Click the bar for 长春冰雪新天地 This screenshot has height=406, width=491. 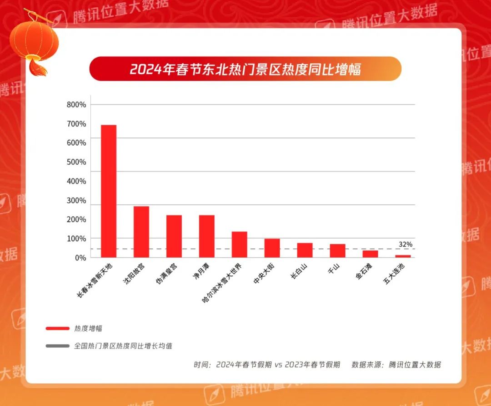click(x=109, y=191)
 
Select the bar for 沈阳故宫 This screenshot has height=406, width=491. click(x=141, y=232)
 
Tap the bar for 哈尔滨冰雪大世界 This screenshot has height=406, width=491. click(x=240, y=245)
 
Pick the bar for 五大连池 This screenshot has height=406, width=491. click(x=403, y=256)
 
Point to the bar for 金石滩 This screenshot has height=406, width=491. click(x=370, y=254)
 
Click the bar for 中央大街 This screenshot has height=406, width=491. click(x=272, y=248)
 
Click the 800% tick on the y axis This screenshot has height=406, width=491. click(x=76, y=105)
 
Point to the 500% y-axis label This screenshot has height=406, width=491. click(x=76, y=162)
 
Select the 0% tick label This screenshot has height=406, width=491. click(x=80, y=258)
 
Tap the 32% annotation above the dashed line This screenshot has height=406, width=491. click(x=406, y=244)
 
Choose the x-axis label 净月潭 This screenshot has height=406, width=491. click(x=200, y=272)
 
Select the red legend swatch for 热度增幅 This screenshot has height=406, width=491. click(x=57, y=328)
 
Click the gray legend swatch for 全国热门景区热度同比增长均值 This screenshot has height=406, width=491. click(x=57, y=346)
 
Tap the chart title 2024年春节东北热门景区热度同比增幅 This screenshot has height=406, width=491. click(x=245, y=69)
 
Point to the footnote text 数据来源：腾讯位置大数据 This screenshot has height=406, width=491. click(x=396, y=365)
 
